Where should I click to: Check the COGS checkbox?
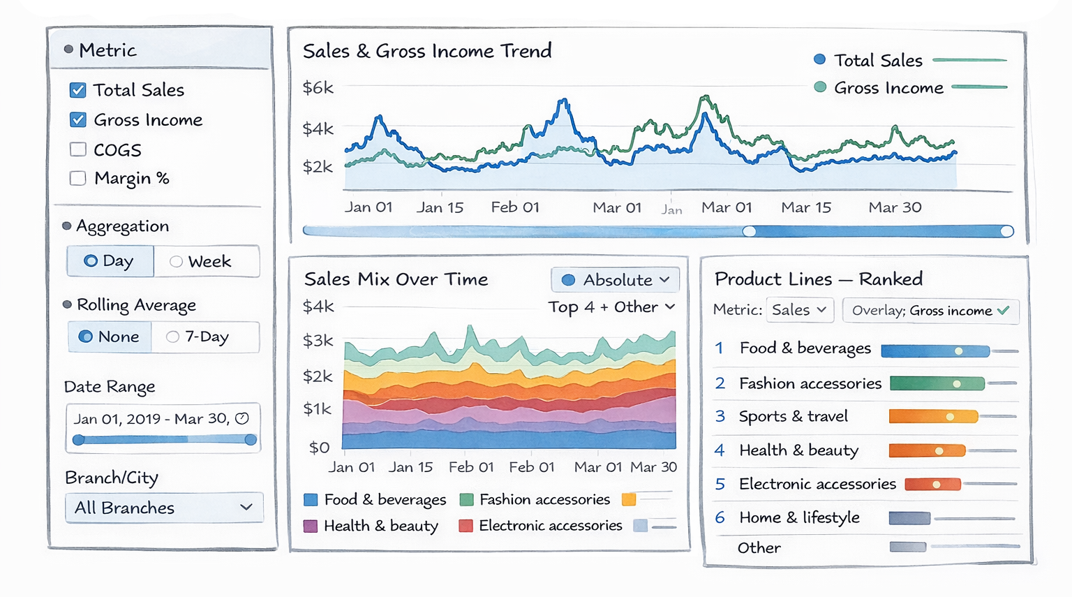point(78,149)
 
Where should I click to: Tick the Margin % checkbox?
point(78,178)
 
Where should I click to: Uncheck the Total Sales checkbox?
point(78,90)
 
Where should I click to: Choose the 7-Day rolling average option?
point(204,337)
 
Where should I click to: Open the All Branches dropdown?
point(164,508)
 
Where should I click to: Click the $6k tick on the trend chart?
point(318,88)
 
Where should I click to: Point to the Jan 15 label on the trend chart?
point(440,207)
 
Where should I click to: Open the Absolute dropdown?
point(616,280)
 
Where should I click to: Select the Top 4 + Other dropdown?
point(611,307)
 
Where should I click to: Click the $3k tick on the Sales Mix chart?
point(318,341)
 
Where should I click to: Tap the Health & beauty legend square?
point(311,526)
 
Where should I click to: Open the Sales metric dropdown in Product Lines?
point(800,310)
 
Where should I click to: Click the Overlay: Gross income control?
point(930,311)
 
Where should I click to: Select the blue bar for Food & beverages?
point(935,351)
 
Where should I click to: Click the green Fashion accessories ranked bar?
point(937,383)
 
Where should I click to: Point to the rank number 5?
point(720,484)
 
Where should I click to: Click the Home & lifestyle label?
point(799,517)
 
